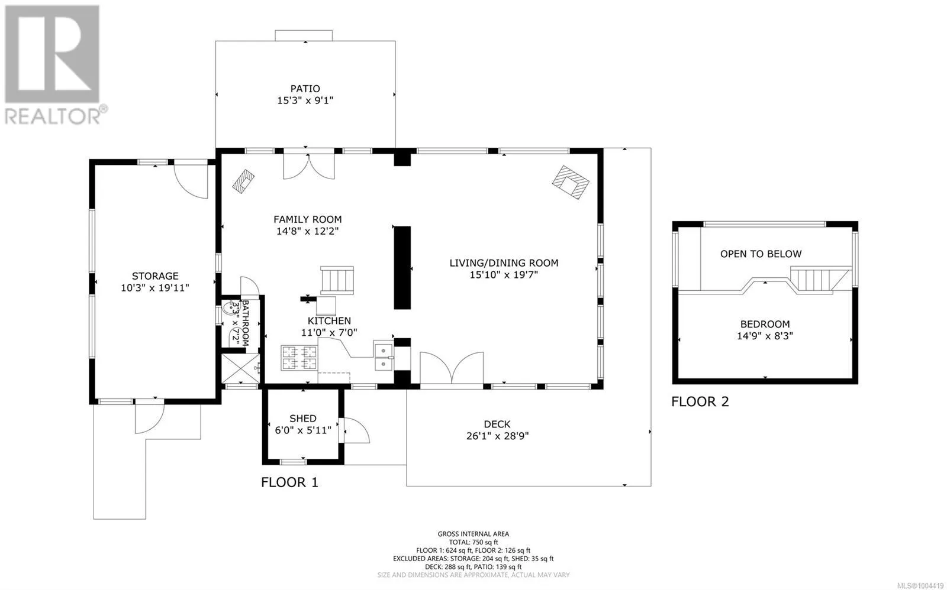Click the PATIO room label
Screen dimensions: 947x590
coord(305,89)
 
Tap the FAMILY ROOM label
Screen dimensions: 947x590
coord(307,219)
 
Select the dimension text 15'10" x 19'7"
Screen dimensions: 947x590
coord(504,275)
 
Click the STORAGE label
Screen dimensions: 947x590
coord(154,276)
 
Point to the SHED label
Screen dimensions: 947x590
coord(302,419)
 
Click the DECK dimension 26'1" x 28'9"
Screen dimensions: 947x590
coord(497,436)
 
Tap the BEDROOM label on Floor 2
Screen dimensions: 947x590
coord(765,325)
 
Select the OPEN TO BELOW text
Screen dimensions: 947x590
coord(761,254)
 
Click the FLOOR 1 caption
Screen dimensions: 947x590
coord(289,482)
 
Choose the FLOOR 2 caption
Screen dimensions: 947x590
coord(700,401)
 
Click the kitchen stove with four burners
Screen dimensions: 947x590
coord(299,358)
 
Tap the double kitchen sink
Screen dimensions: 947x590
coord(384,356)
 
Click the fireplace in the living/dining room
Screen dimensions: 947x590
coord(571,182)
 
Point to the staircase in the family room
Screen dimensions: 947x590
coord(337,280)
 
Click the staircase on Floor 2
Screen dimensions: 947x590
coord(820,280)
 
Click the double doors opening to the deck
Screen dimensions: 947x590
coord(452,368)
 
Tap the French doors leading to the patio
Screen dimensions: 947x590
coord(308,165)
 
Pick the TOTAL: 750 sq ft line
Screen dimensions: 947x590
coord(473,542)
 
